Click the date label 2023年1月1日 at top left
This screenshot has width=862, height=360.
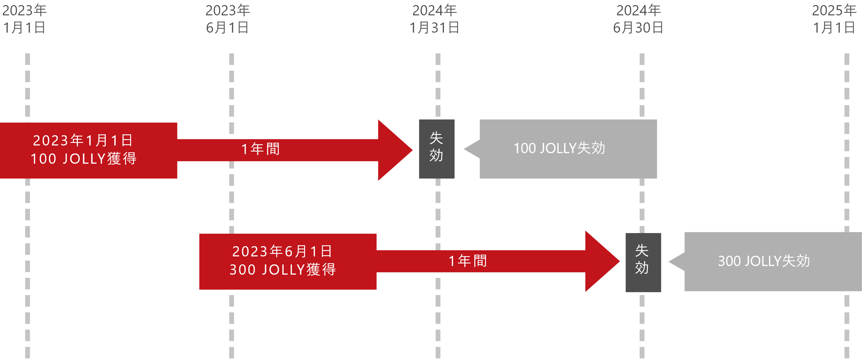(24, 19)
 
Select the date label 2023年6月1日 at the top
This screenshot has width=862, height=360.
(228, 19)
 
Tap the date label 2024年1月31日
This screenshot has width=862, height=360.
(434, 19)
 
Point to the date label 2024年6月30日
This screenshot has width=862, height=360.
(638, 19)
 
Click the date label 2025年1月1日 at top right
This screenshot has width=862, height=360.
(834, 19)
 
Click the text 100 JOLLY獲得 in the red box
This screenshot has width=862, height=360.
(84, 159)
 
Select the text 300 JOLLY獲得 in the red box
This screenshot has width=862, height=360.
(283, 270)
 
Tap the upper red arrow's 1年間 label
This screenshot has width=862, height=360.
(260, 149)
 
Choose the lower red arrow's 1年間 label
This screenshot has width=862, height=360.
(467, 261)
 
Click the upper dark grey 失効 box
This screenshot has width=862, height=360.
(436, 149)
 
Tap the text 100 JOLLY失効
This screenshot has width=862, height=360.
(559, 149)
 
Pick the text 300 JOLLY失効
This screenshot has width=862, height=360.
(764, 261)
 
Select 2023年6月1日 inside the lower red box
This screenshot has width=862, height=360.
(282, 252)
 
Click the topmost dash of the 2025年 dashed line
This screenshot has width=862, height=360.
(847, 59)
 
